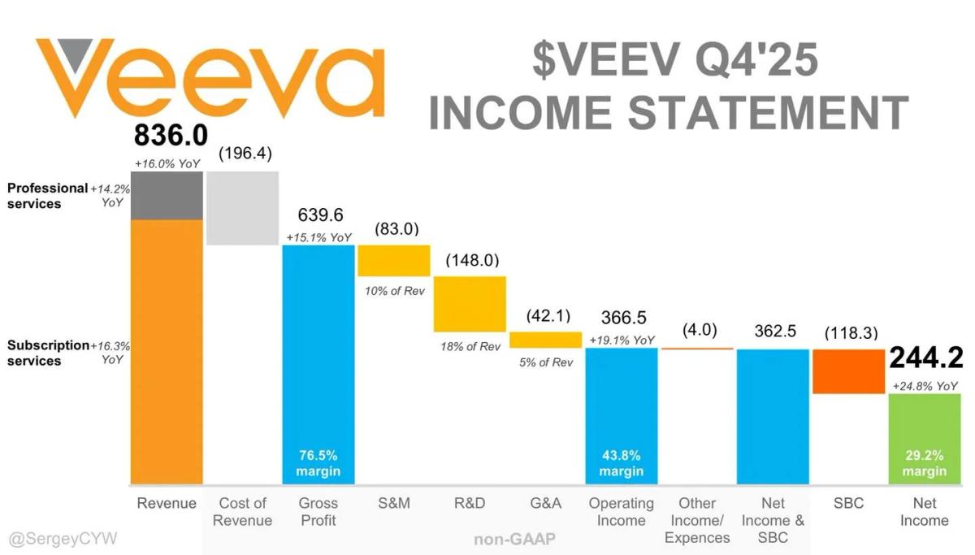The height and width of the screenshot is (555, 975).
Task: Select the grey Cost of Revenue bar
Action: [242, 207]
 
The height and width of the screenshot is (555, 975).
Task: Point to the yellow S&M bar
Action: [394, 260]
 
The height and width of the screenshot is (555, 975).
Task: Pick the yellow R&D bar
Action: [470, 303]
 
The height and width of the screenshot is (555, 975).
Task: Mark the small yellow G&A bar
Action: [545, 340]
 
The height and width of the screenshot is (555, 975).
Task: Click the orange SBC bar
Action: [848, 371]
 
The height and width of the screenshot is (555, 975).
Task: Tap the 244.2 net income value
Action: [925, 358]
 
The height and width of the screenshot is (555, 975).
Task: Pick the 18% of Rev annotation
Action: [470, 347]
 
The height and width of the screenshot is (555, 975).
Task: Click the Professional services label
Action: [47, 196]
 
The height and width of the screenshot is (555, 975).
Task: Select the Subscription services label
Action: [47, 353]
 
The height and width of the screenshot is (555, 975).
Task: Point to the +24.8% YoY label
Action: [925, 386]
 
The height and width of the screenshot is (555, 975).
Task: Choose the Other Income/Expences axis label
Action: [697, 521]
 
